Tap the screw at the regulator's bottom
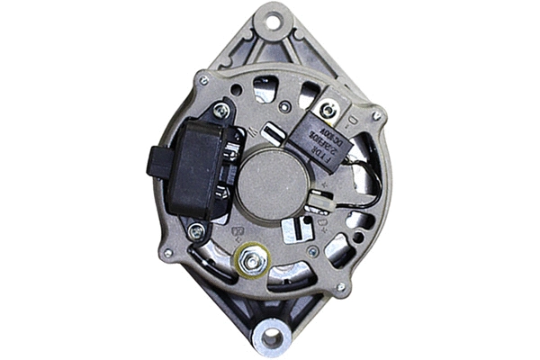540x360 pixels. click(x=196, y=231)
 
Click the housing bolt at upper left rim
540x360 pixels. click(x=203, y=81)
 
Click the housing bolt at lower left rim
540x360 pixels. click(x=167, y=254)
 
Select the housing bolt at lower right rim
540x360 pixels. click(x=340, y=287)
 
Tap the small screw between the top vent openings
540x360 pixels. click(x=284, y=106)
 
